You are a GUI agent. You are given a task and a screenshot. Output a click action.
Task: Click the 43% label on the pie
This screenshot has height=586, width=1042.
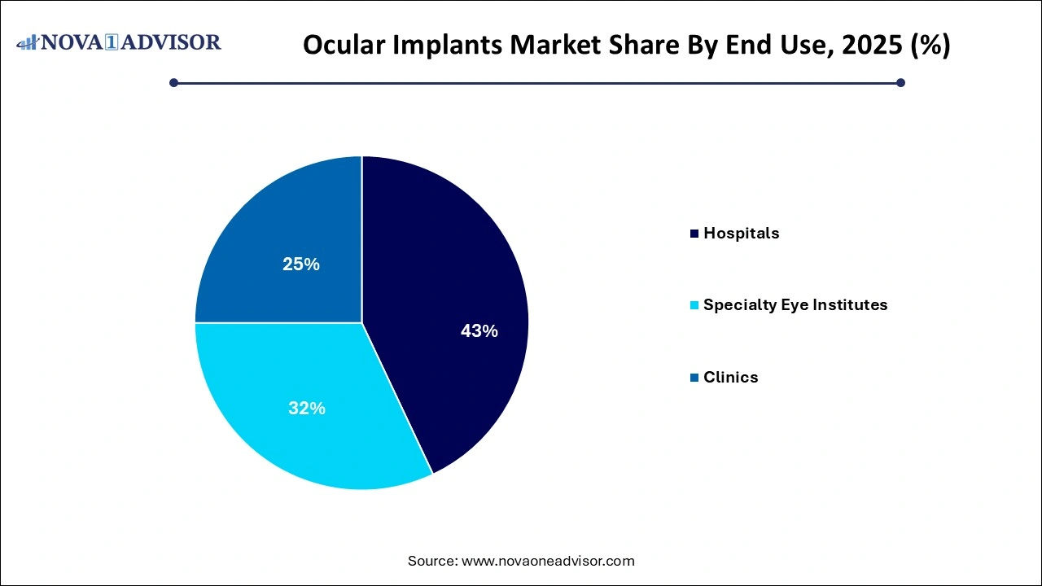[x=479, y=331]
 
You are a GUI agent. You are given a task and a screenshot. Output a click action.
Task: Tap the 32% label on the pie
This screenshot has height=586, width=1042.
[x=307, y=409]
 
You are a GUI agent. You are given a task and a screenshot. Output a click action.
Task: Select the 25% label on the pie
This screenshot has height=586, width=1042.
[x=301, y=265]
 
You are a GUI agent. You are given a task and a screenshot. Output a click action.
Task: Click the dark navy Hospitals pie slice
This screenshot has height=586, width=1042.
[x=456, y=269]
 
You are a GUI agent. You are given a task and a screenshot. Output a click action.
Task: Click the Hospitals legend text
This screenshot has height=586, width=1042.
[x=741, y=234]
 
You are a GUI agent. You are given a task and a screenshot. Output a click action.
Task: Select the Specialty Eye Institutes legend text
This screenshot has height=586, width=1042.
[x=795, y=305]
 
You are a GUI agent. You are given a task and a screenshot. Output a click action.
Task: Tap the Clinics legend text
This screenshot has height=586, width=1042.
[x=730, y=378]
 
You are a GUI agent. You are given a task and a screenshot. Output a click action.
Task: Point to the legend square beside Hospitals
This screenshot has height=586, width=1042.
[x=694, y=234]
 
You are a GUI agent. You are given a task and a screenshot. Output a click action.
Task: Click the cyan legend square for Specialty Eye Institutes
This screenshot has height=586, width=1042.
[x=694, y=306]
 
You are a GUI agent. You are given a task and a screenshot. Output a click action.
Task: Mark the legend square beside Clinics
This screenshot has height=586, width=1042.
[x=694, y=378]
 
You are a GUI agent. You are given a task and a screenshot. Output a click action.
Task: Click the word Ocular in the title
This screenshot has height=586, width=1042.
[x=342, y=46]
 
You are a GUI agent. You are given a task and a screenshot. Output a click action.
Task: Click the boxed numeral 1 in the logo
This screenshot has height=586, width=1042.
[x=122, y=42]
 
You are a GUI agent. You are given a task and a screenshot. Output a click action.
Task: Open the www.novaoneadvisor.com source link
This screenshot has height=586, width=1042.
[x=548, y=561]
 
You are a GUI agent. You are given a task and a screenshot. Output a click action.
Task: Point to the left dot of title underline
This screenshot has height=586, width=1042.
[x=173, y=82]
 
